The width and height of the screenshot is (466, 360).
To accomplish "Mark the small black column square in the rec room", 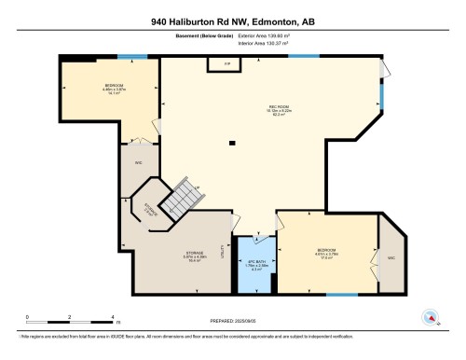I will (233, 144).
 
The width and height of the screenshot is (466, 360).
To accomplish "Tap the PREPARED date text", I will (232, 323).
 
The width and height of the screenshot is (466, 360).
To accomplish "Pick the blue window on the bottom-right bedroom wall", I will (343, 295).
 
